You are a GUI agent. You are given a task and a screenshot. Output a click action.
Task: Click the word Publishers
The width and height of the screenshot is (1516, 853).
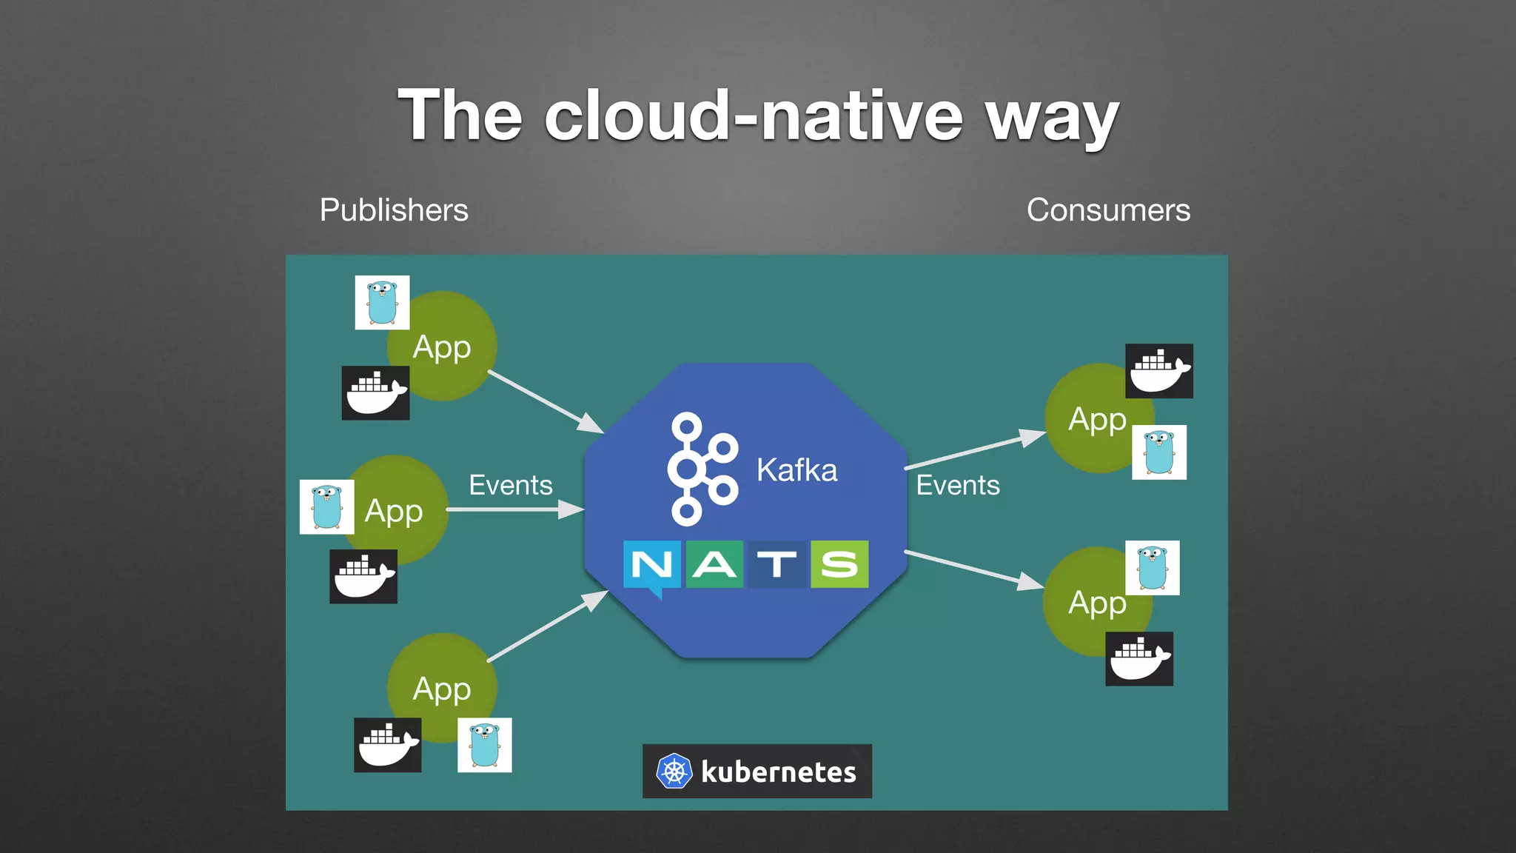[394, 210]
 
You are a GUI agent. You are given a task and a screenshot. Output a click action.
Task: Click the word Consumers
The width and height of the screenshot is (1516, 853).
[1108, 210]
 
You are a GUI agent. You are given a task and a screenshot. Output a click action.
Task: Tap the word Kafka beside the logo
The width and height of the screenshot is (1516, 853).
[796, 470]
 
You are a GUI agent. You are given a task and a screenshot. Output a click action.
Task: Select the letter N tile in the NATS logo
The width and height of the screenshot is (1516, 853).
[651, 566]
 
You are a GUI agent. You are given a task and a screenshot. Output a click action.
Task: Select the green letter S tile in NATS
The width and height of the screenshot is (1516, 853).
[839, 565]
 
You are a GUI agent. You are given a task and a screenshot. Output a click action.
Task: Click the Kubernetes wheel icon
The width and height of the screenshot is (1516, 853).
[674, 772]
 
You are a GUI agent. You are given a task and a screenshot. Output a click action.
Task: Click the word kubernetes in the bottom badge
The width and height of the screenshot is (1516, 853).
[778, 772]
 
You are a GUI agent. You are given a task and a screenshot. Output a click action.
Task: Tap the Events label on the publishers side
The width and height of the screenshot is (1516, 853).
[511, 485]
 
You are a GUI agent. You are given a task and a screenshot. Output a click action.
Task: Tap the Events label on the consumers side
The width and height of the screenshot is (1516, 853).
[958, 485]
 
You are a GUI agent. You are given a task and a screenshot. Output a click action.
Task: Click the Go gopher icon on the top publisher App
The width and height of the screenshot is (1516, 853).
[382, 302]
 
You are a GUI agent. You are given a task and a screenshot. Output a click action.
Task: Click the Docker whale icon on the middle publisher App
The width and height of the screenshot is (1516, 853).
[363, 576]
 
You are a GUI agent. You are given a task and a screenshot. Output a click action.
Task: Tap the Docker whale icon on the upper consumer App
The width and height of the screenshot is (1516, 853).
[1158, 371]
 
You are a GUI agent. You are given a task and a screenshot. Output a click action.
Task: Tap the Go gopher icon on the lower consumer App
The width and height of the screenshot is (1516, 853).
[1152, 568]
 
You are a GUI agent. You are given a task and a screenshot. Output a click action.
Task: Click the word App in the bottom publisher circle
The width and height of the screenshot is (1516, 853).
[442, 689]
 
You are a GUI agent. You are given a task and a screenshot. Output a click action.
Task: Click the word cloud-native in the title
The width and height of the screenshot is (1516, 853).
[753, 116]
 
